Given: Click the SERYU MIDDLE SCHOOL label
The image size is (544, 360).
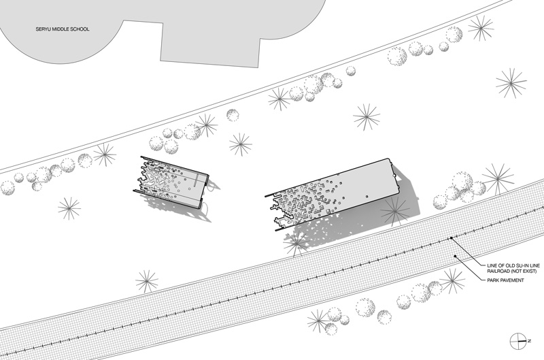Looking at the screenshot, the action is point(63,29).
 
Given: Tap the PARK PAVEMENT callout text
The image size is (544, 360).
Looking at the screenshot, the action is point(505,280).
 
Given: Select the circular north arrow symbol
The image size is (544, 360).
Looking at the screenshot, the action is point(518,341).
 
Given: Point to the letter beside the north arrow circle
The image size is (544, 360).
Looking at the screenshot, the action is point(530,341).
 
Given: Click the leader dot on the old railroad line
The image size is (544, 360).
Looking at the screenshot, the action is point(452,238).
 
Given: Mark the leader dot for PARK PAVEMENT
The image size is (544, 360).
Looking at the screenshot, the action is point(456,256).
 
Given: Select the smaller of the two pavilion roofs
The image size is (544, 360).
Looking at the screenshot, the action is point(171,182).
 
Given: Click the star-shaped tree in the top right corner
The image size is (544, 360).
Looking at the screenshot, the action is point(481,27).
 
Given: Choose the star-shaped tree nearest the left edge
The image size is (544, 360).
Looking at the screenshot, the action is point(69,208).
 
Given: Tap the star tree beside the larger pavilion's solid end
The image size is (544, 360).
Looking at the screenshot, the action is point(395,212).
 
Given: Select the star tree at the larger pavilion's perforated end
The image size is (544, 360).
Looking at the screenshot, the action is point(296,243).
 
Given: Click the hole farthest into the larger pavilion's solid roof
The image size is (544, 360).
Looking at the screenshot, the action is point(367,197).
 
